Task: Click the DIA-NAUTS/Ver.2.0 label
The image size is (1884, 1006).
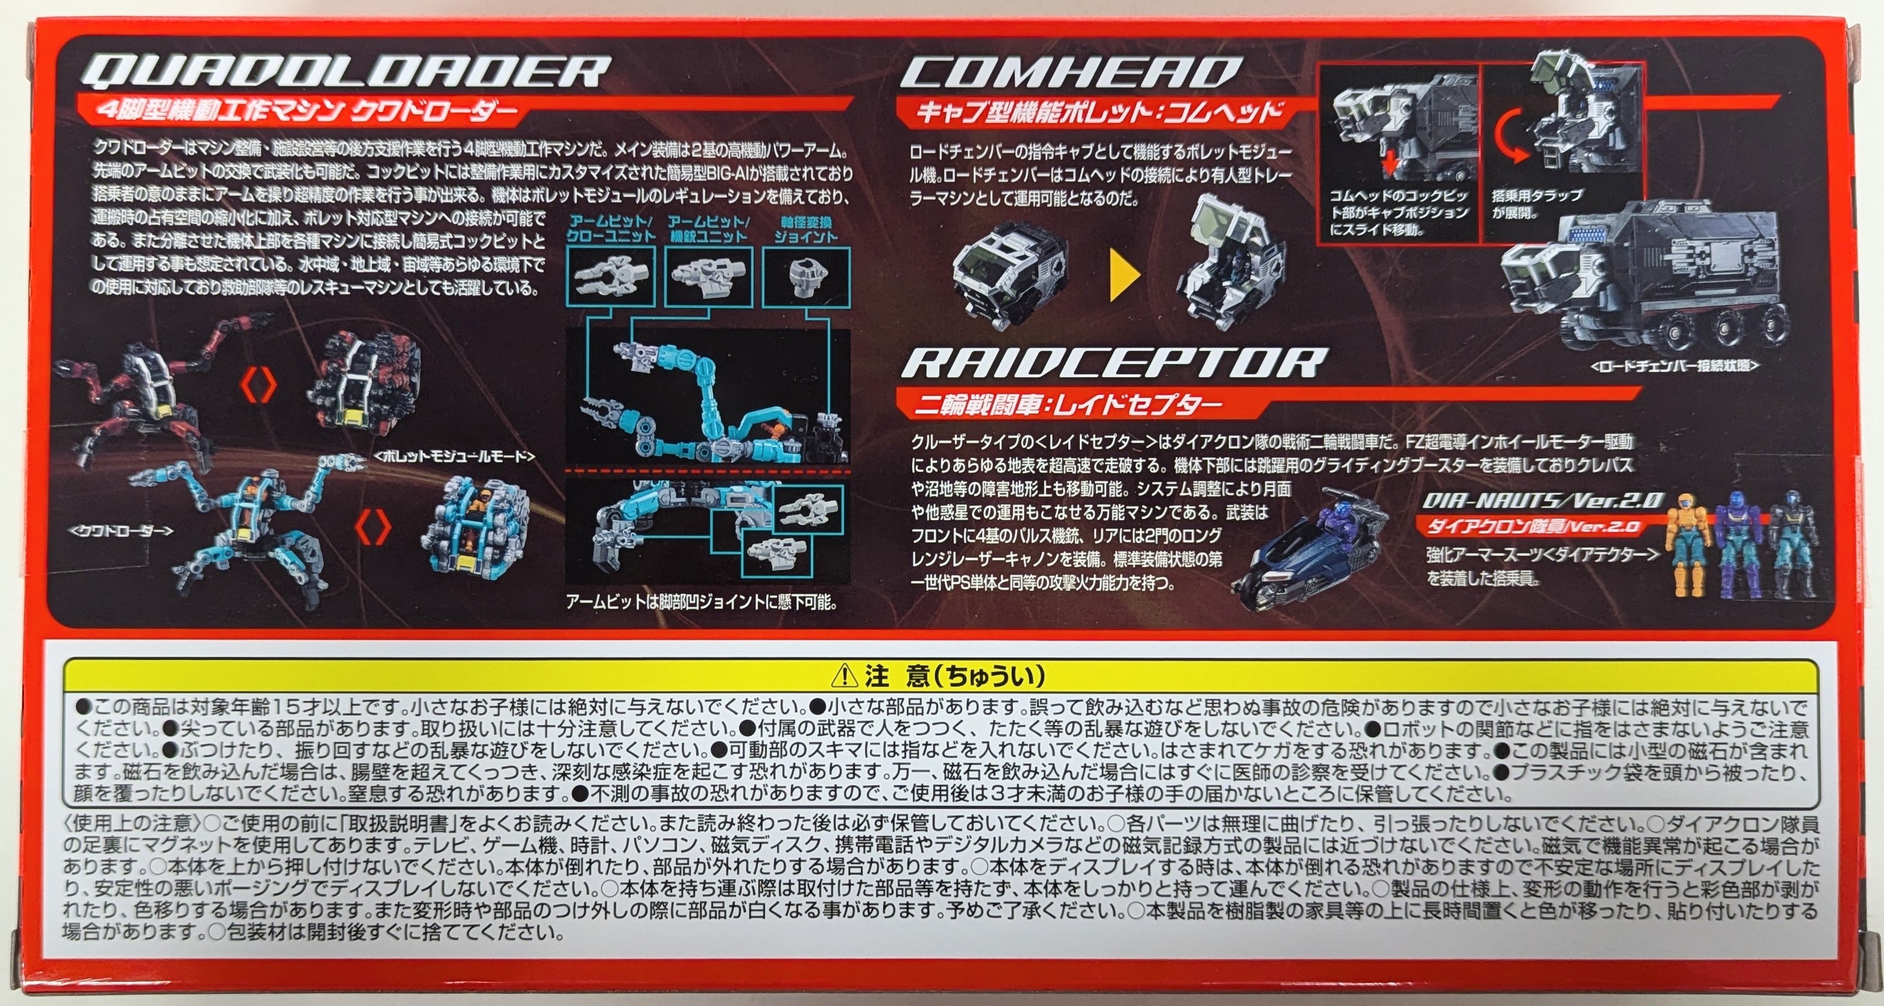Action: (x=1543, y=501)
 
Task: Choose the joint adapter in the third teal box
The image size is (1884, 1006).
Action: (x=807, y=275)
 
